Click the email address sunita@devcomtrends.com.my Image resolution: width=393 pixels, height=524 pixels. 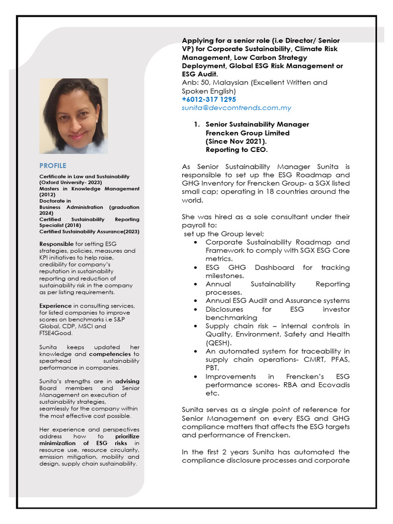tap(236, 108)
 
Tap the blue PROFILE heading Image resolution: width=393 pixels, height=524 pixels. tap(53, 165)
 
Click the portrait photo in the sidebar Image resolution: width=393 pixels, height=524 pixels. tap(74, 116)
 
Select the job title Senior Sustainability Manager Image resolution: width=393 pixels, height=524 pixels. tap(257, 124)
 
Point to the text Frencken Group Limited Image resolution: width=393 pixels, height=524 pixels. tap(247, 133)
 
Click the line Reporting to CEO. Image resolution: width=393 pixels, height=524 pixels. tap(236, 150)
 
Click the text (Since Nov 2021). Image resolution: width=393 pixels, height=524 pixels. tap(236, 141)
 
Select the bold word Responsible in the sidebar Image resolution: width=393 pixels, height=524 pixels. tap(56, 244)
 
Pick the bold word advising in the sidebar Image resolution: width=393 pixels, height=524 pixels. tap(127, 381)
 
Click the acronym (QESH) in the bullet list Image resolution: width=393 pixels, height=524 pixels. tap(219, 342)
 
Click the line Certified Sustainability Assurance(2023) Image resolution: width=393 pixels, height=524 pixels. tap(89, 231)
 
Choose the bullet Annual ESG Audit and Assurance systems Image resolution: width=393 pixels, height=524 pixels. tap(277, 300)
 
